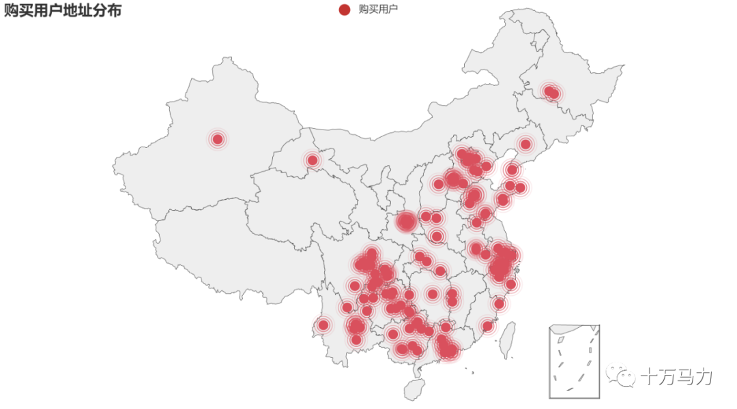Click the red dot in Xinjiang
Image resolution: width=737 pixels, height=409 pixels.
[x=218, y=139]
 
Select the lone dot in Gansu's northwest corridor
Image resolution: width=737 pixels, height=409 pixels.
[x=313, y=160]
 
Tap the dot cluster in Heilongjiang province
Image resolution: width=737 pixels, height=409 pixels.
[x=551, y=92]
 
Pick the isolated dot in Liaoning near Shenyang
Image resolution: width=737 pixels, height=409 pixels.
[x=525, y=144]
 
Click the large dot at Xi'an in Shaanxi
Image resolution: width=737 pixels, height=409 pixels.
[x=407, y=222]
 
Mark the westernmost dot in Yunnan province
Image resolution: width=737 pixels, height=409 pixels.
[x=323, y=325]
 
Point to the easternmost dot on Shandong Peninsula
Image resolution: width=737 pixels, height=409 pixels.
[x=520, y=187]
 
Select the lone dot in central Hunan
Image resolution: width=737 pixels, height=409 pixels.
[x=433, y=294]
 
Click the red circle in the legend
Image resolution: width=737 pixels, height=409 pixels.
[x=345, y=9]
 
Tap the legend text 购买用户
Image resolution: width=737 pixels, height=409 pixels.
[x=378, y=9]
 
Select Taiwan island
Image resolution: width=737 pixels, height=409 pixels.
[x=507, y=340]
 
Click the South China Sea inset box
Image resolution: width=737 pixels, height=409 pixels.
[x=574, y=361]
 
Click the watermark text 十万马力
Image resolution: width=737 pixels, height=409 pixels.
[x=676, y=376]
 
